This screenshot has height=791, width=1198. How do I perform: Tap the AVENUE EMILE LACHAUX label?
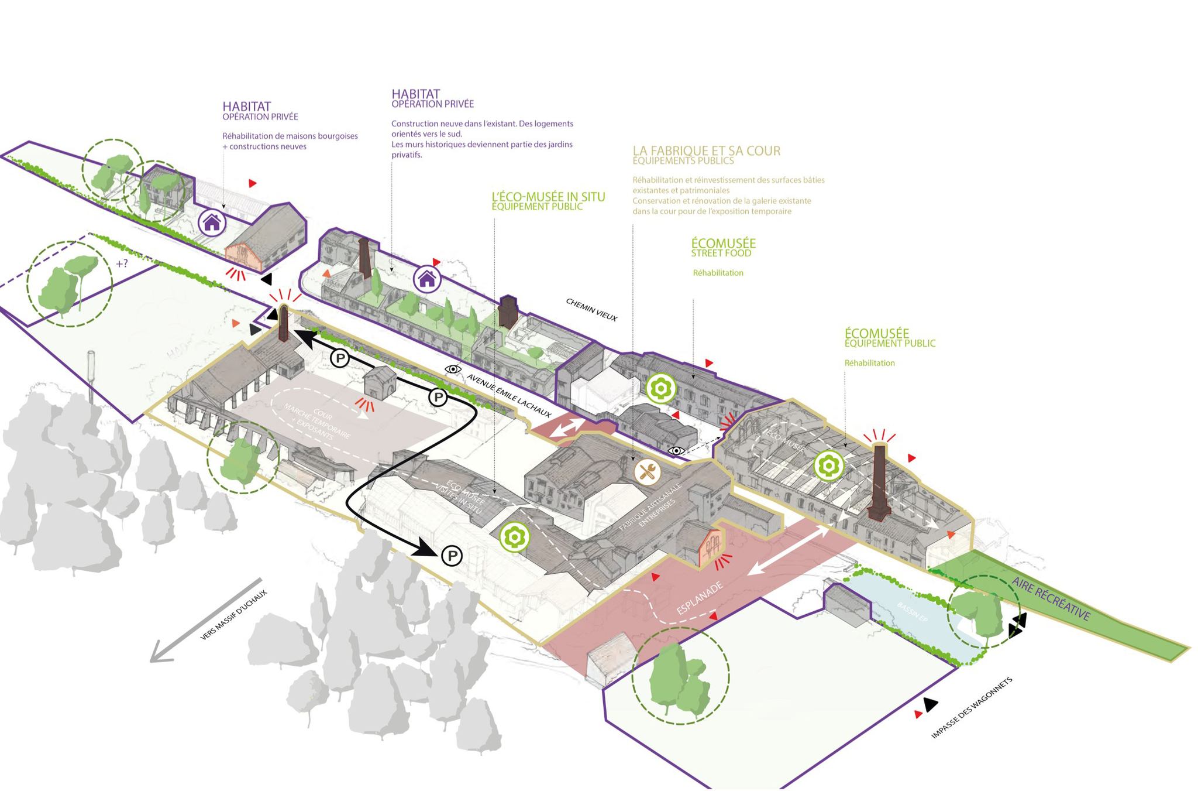tap(509, 396)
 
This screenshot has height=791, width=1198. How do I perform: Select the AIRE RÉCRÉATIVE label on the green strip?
tap(1051, 598)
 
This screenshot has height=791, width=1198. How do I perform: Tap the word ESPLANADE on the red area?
tap(700, 598)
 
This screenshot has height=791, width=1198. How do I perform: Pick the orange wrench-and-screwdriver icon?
tap(647, 471)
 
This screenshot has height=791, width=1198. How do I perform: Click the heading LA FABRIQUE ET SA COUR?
tap(706, 150)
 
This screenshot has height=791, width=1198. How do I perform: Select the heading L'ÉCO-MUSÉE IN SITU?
tap(548, 197)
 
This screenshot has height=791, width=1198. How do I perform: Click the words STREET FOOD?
tap(721, 254)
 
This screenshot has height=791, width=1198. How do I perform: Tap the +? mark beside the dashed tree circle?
tap(122, 263)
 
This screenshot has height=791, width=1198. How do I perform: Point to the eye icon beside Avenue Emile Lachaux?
tap(453, 369)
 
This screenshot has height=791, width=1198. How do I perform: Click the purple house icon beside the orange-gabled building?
tap(211, 222)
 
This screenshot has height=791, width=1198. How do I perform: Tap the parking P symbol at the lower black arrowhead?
tap(452, 555)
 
